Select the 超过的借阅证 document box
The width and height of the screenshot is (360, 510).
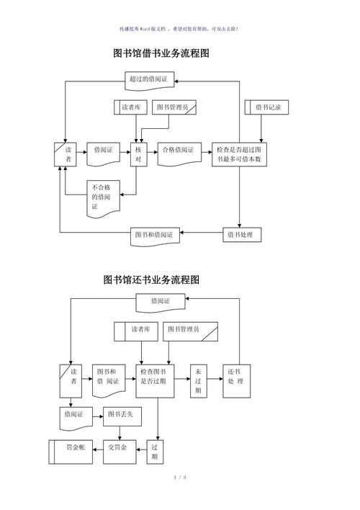coord(151,79)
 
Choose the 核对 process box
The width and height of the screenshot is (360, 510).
coord(138,156)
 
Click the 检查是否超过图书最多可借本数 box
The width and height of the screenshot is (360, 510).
coord(239,155)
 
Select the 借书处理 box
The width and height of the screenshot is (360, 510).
coord(240,235)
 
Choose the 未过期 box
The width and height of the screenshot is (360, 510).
coord(198,380)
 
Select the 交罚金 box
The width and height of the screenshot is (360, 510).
coord(118,448)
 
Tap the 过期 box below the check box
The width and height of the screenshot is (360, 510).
coord(156,452)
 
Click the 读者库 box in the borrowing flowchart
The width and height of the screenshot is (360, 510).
coord(131,107)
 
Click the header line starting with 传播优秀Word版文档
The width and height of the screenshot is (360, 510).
coord(179,29)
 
